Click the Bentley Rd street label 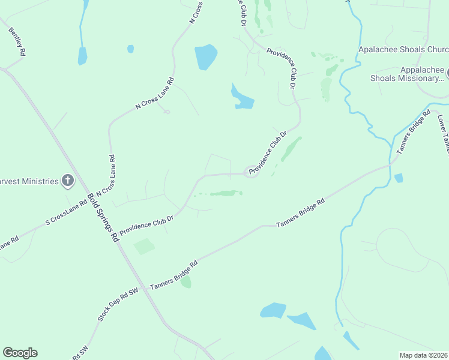point(17,41)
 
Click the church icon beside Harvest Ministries point(68,181)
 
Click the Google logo point(20,353)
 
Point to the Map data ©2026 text point(424,355)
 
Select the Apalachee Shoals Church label point(403,50)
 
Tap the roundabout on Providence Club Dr point(251,172)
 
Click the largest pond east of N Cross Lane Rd point(205,56)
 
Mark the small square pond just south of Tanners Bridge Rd point(399,178)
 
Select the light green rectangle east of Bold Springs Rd point(144,246)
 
